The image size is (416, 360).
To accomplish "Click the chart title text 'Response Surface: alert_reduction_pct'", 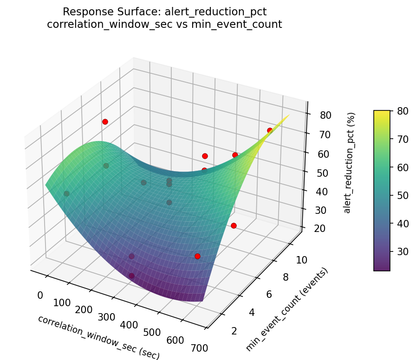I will point(164,12).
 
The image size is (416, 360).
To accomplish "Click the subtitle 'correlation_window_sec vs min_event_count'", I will point(164,25).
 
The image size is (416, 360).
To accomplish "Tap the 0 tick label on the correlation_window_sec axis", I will point(40,296).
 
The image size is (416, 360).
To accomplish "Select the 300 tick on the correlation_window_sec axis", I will point(107,317).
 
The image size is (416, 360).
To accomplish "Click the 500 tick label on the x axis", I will point(152,332).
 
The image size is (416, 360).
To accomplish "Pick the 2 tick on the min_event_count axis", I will point(234,330).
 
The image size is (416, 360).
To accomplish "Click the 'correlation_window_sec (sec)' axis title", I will point(98,337).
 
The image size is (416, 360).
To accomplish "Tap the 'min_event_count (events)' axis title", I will point(286,309).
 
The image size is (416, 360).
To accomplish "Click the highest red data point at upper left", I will point(105,122).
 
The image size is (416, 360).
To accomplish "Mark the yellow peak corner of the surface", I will point(289,115).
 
